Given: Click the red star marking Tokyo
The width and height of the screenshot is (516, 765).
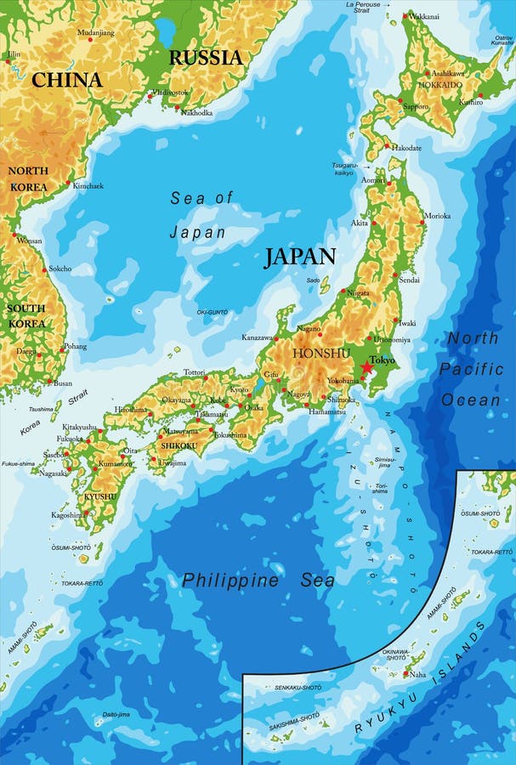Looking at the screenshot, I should [x=366, y=367].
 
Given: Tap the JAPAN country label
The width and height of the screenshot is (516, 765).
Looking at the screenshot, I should [x=299, y=257].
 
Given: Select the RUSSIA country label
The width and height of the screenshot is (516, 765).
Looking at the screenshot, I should [x=206, y=58].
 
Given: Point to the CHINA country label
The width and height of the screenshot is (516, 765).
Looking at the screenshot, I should [x=67, y=81].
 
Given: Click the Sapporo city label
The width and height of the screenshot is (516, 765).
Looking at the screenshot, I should [x=416, y=107].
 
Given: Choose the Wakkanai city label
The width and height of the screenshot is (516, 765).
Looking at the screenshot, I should [x=424, y=16].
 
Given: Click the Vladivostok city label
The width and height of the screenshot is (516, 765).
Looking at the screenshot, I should [x=171, y=92].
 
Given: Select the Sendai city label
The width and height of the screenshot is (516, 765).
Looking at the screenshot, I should [x=409, y=279].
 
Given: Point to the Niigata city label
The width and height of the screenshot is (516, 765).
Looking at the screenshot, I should [x=358, y=292].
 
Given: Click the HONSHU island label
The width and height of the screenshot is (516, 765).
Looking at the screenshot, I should [x=321, y=353].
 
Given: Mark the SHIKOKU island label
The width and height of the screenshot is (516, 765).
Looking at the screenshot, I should [x=179, y=445].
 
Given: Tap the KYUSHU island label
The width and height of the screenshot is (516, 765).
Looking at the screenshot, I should [x=99, y=496].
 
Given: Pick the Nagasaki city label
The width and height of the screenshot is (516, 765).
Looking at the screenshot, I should [x=54, y=473].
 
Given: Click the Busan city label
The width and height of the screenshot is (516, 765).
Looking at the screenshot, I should [x=63, y=383].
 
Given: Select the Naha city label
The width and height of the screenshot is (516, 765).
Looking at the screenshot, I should [x=417, y=674].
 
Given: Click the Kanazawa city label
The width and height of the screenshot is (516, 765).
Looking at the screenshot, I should [x=260, y=337].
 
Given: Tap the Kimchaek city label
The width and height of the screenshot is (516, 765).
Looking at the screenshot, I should [x=88, y=185].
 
